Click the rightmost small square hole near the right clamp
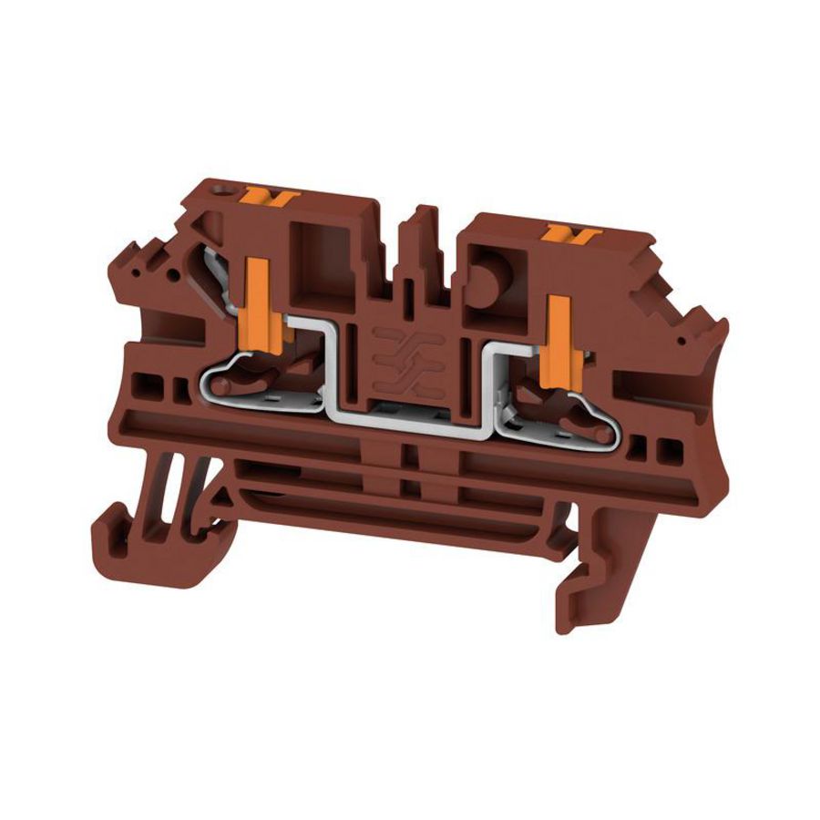[673, 449]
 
